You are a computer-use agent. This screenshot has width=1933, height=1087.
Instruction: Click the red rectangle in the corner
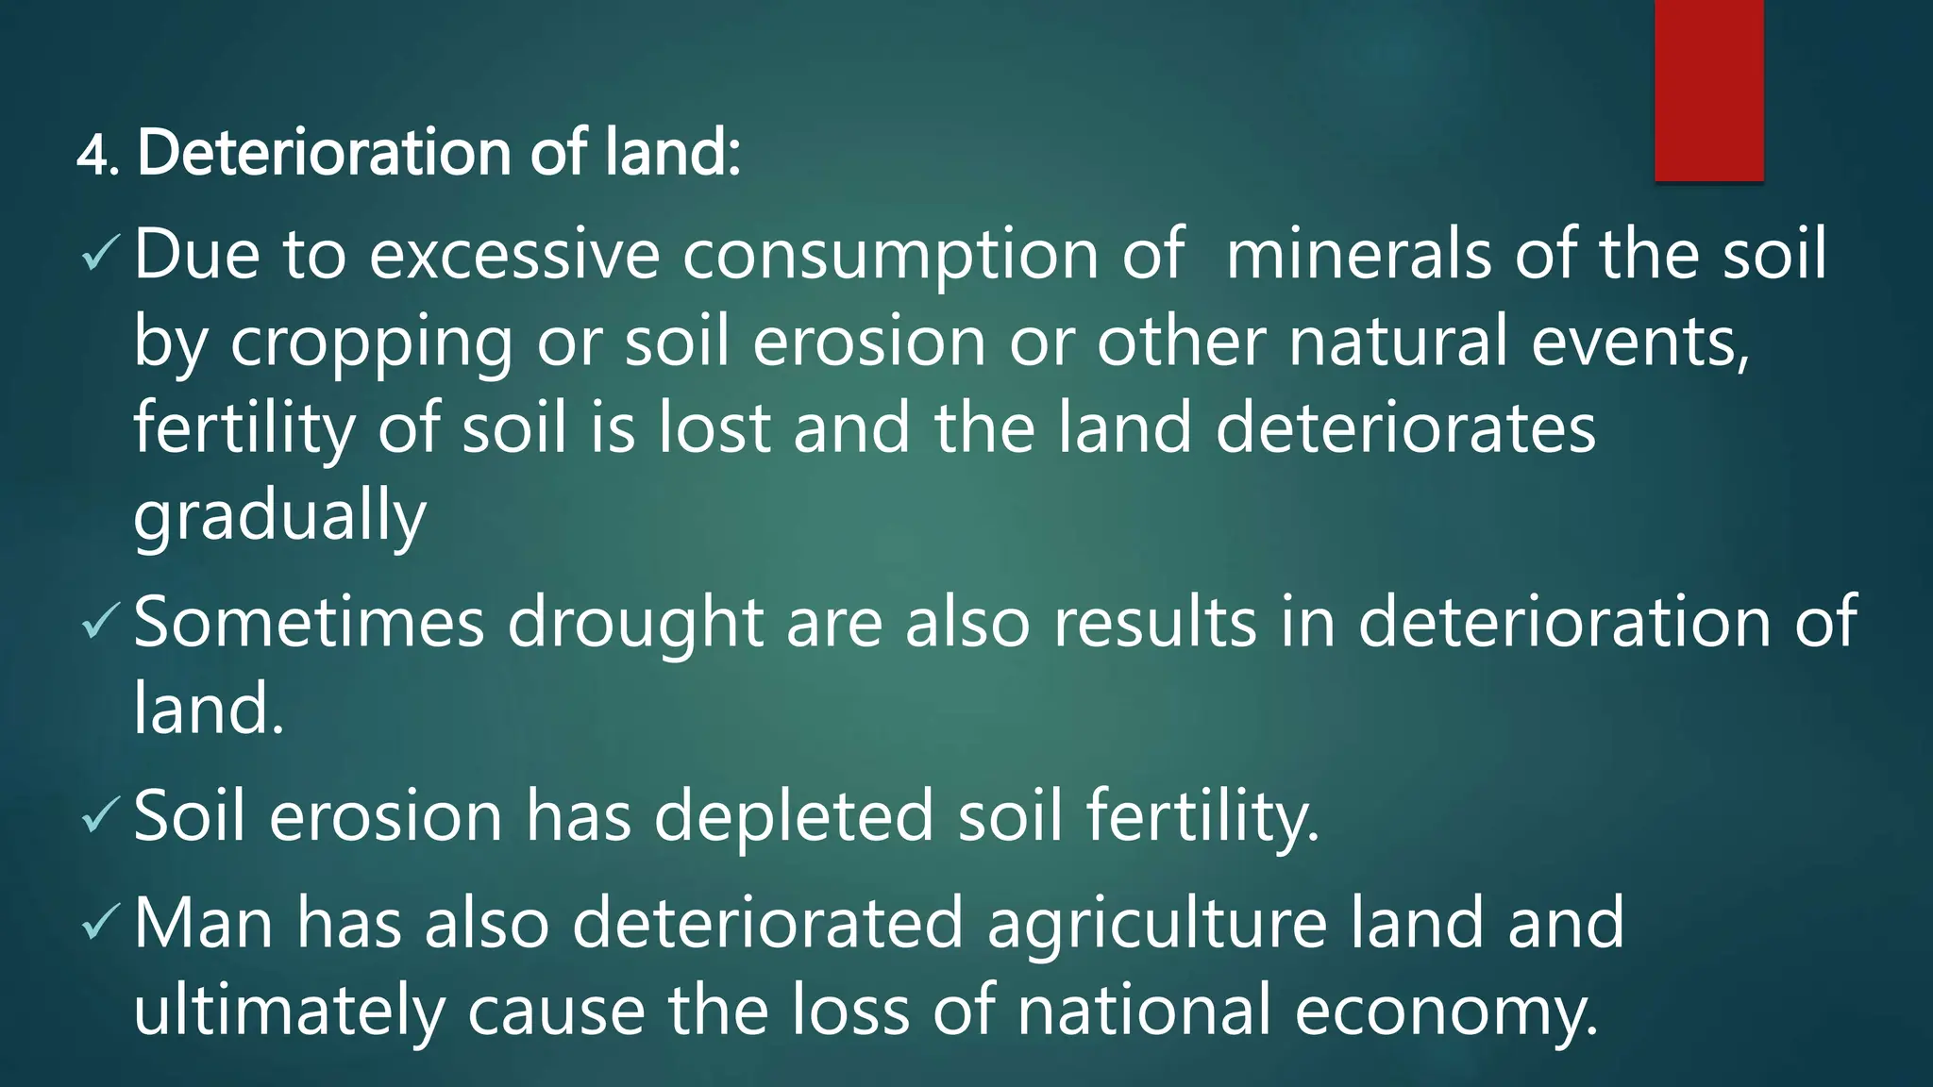1708,90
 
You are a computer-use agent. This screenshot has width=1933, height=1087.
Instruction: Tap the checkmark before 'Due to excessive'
100,252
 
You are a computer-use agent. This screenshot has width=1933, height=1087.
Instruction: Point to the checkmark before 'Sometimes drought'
100,620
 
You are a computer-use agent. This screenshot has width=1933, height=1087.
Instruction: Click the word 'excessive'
514,255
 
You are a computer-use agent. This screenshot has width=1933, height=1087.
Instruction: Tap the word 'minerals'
1358,255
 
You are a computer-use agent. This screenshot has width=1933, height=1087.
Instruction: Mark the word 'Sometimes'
310,623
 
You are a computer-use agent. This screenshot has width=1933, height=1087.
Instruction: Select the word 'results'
1155,623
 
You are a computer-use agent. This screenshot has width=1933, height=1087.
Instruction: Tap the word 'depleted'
794,817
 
